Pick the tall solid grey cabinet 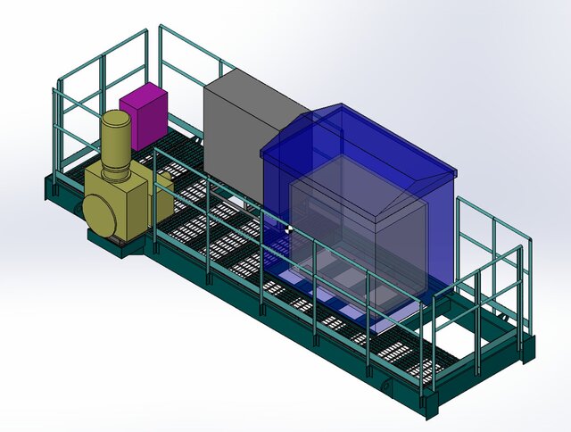(x=234, y=143)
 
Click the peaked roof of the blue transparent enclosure (x=357, y=143)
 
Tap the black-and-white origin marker (x=288, y=228)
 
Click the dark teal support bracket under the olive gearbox (x=122, y=245)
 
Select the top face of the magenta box (x=144, y=94)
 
